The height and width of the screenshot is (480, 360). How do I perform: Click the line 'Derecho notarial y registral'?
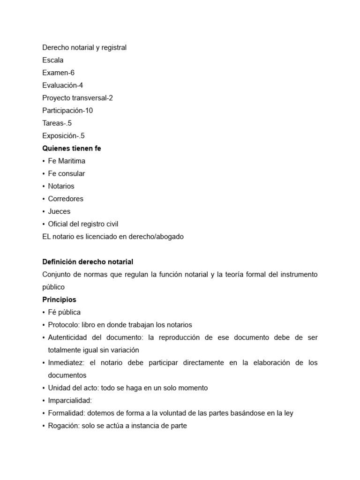pyautogui.click(x=84, y=47)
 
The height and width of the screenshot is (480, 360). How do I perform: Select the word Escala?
pyautogui.click(x=53, y=60)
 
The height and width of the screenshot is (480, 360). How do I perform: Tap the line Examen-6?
pyautogui.click(x=59, y=73)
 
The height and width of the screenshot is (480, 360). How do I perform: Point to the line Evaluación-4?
pyautogui.click(x=63, y=85)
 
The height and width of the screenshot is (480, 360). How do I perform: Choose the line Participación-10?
pyautogui.click(x=67, y=111)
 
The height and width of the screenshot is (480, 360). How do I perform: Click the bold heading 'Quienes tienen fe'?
pyautogui.click(x=72, y=148)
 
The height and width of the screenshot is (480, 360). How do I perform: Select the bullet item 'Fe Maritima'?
pyautogui.click(x=67, y=161)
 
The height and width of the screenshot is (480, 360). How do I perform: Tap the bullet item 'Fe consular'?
pyautogui.click(x=67, y=173)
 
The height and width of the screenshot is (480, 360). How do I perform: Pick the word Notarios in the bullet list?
pyautogui.click(x=61, y=186)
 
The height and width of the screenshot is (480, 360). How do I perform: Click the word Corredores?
pyautogui.click(x=66, y=199)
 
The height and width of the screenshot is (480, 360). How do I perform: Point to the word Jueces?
pyautogui.click(x=59, y=211)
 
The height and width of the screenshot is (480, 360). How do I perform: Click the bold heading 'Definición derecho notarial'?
pyautogui.click(x=88, y=262)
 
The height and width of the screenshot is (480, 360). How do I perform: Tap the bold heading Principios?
pyautogui.click(x=59, y=300)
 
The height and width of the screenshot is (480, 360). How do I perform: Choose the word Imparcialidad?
pyautogui.click(x=70, y=401)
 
